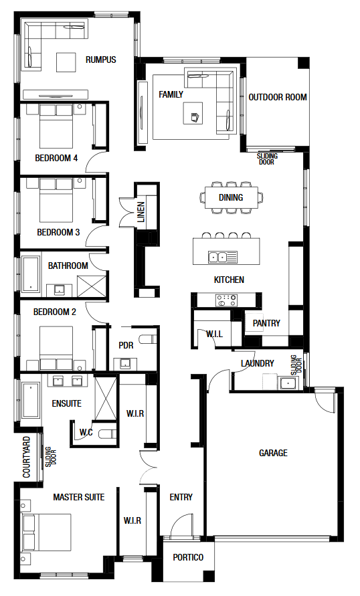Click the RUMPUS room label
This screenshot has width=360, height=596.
coord(101,60)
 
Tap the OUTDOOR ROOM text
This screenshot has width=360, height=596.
coord(278,97)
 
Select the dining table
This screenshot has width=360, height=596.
coord(231,197)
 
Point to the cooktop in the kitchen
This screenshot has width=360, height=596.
coord(226,300)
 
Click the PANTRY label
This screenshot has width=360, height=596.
coord(266,323)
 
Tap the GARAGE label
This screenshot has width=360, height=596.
coord(273,453)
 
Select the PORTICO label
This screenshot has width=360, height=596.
coord(188,557)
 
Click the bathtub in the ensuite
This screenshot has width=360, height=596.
coord(30,400)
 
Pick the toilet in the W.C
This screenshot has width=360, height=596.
coord(107,433)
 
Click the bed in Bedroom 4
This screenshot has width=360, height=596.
coord(56,126)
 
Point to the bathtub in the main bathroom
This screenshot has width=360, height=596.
coord(30,274)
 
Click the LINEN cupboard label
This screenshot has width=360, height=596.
coord(141,212)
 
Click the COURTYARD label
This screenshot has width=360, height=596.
coord(26,458)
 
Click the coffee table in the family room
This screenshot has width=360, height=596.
coord(193,113)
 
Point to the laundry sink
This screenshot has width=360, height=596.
coord(289,383)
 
